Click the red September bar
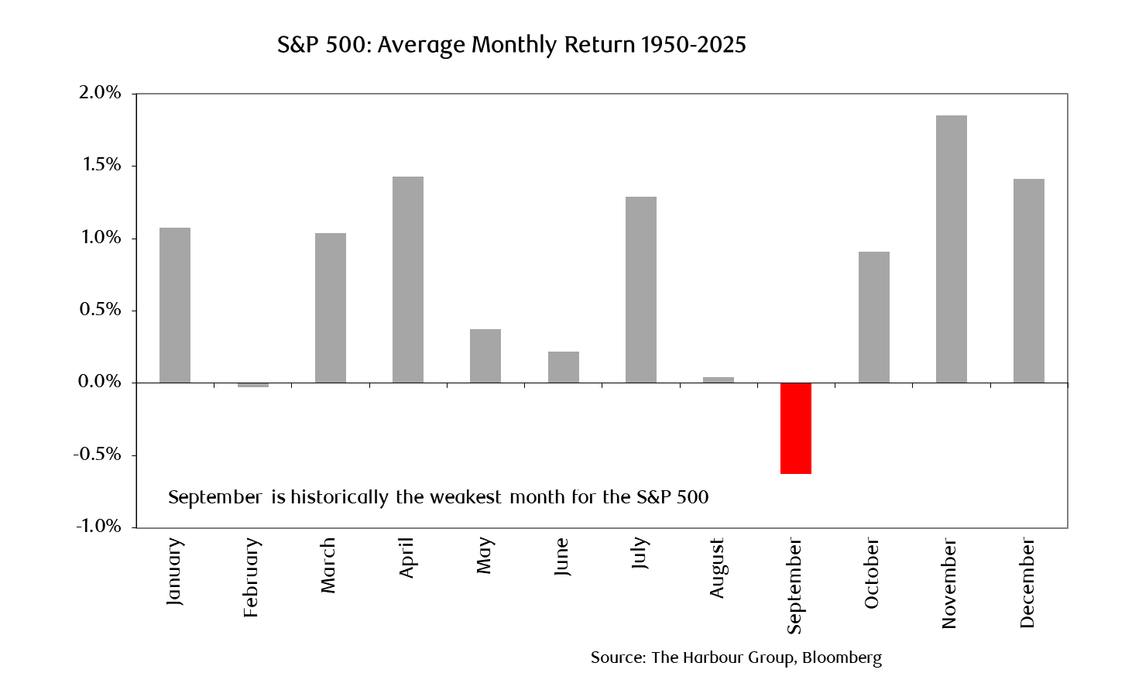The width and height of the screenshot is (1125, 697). pyautogui.click(x=795, y=428)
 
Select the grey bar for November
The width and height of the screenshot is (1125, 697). pyautogui.click(x=952, y=249)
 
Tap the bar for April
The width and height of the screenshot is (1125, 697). pyautogui.click(x=408, y=280)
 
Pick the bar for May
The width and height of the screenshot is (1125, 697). pyautogui.click(x=485, y=355)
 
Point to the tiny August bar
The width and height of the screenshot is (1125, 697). pyautogui.click(x=719, y=380)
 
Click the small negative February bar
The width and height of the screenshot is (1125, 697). pyautogui.click(x=252, y=385)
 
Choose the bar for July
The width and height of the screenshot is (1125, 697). pyautogui.click(x=641, y=290)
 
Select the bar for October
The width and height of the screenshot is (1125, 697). pyautogui.click(x=874, y=317)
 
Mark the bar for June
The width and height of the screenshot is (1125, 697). pyautogui.click(x=564, y=367)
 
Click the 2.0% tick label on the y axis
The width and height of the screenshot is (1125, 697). pyautogui.click(x=100, y=92)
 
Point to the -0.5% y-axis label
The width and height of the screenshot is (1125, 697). pyautogui.click(x=97, y=455)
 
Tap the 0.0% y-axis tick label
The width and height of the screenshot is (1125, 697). pyautogui.click(x=99, y=382)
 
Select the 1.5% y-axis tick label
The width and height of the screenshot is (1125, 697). pyautogui.click(x=101, y=165)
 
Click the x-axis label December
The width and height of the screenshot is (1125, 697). pyautogui.click(x=1027, y=583)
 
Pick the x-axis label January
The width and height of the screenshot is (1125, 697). pyautogui.click(x=174, y=572)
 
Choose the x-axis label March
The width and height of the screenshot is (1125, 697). pyautogui.click(x=328, y=565)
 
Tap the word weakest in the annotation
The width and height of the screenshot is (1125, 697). pyautogui.click(x=465, y=497)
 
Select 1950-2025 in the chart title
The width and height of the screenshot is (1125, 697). pyautogui.click(x=693, y=45)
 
